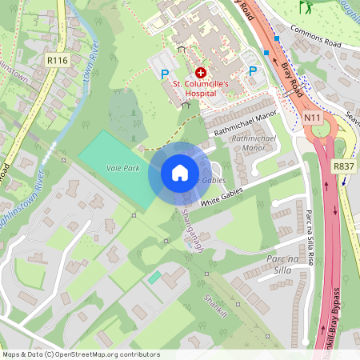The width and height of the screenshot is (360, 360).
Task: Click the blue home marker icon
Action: click(179, 173)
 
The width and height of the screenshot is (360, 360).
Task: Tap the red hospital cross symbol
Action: click(200, 72)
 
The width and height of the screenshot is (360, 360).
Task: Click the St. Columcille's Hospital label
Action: click(201, 87)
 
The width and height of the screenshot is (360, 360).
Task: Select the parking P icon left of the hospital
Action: click(166, 74)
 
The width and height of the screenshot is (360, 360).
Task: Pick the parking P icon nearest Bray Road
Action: click(253, 71)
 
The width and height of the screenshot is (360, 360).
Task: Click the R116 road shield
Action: click(56, 60)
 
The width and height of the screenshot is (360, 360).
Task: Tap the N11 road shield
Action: click(313, 118)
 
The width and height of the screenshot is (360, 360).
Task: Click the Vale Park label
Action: click(121, 168)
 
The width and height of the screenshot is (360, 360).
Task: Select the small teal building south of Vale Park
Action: click(154, 276)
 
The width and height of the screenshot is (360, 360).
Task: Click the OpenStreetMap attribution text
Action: click(81, 354)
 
